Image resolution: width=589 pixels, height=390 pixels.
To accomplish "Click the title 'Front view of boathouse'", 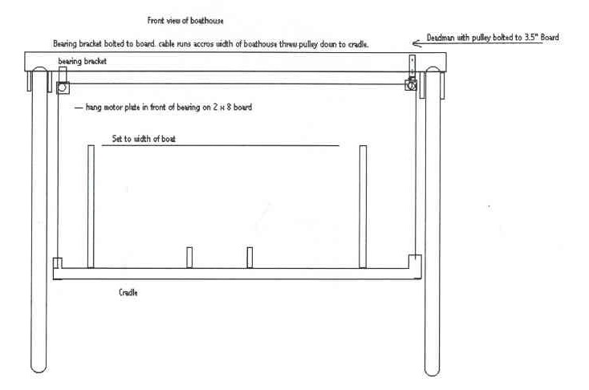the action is (x=185, y=21).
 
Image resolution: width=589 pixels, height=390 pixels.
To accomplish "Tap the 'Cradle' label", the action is (x=128, y=292).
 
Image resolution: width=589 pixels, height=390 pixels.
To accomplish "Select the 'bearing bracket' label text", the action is (x=83, y=61).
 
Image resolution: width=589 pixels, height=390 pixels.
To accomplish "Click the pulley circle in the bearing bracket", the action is (x=63, y=87).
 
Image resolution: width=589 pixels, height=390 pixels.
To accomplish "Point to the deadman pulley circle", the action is (x=412, y=85).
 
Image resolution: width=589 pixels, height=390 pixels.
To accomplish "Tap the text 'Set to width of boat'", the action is (x=144, y=139).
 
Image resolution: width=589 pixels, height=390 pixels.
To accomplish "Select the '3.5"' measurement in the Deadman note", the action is (x=531, y=38).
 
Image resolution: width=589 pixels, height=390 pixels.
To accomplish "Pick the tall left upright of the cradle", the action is (x=91, y=207).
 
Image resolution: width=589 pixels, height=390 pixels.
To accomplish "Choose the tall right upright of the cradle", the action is (x=363, y=207).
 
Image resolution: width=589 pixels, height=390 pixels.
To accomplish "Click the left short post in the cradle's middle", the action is (x=189, y=258).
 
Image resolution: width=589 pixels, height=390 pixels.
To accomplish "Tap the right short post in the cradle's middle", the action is (x=250, y=258).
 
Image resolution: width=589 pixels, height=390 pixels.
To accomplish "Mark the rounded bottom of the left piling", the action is (x=39, y=368).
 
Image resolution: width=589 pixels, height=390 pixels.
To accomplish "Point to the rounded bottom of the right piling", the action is (x=432, y=370).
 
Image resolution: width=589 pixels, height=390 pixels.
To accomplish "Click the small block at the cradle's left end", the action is (x=58, y=263).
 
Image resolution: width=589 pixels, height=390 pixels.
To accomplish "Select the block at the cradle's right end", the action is (x=415, y=262).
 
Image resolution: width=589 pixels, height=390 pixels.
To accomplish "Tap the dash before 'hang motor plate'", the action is (x=79, y=108).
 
